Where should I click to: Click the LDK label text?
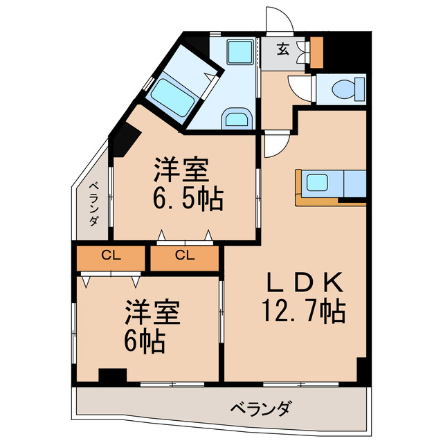coord(305,282)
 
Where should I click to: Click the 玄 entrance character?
coord(284,48)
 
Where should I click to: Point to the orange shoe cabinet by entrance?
coord(316,51)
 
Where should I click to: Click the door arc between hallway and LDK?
coord(275,145)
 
